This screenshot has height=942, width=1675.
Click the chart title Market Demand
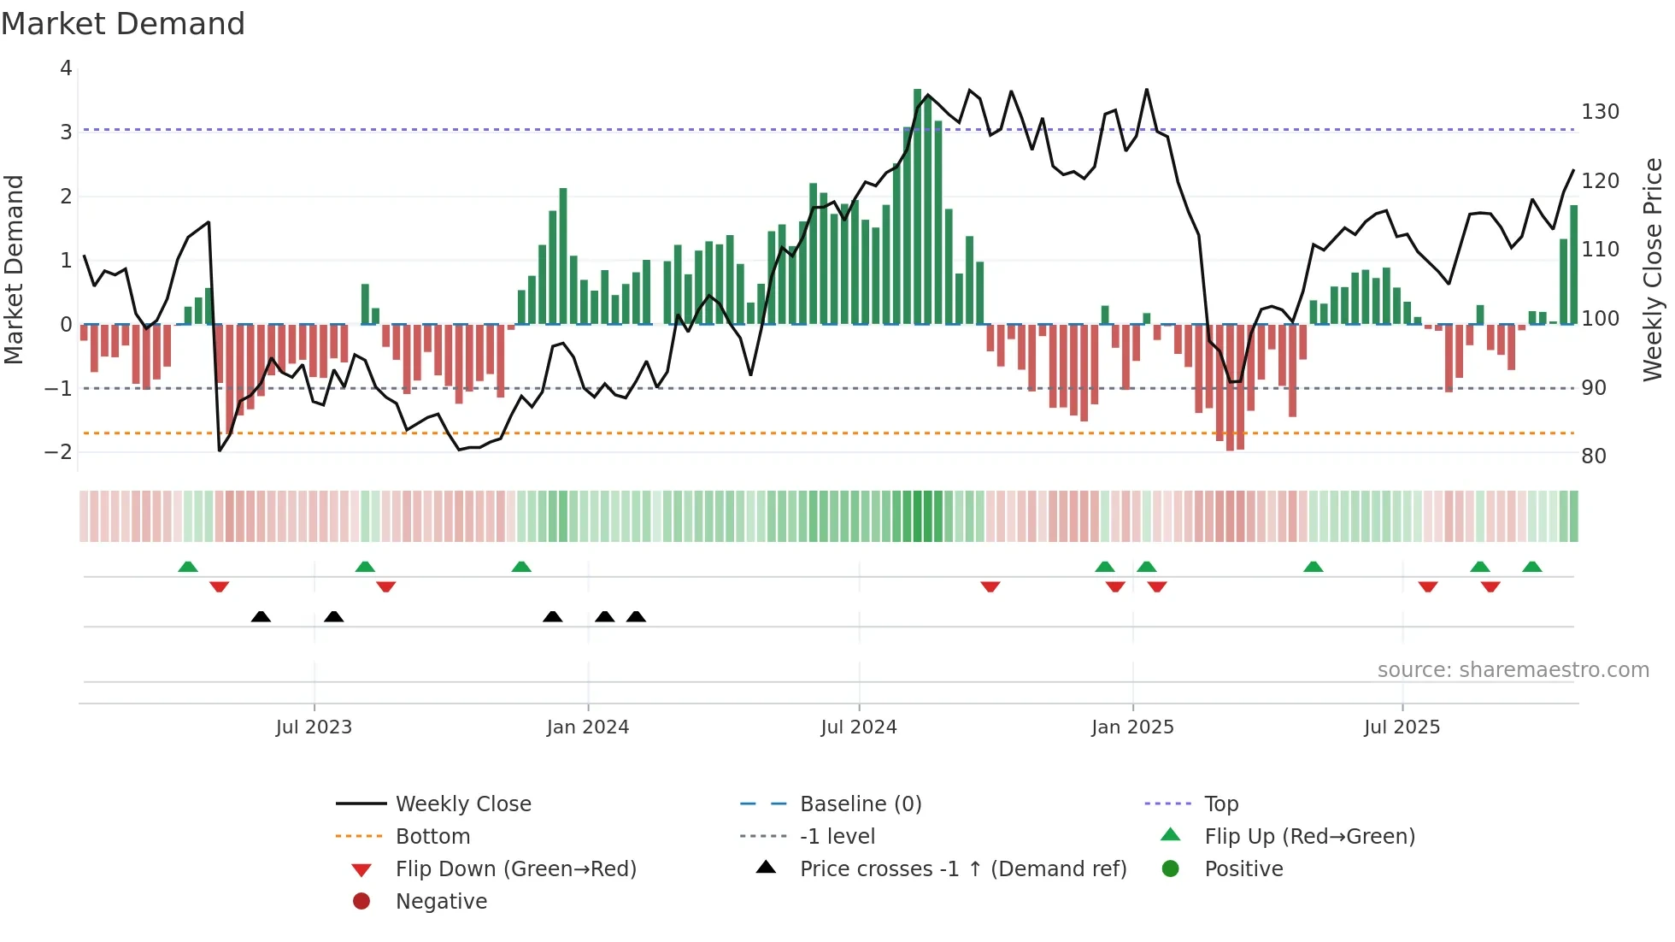tap(123, 24)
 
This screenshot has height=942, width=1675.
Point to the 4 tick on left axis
tap(66, 68)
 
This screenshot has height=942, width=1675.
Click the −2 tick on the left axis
tap(59, 452)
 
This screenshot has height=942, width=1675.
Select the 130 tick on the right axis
tap(1600, 112)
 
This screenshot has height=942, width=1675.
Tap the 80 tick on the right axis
tap(1594, 456)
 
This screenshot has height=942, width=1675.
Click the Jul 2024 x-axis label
tap(859, 727)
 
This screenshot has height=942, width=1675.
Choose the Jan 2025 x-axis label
tap(1132, 727)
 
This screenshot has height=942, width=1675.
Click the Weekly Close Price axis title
tap(1653, 269)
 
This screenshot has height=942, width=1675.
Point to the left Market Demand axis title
tap(14, 269)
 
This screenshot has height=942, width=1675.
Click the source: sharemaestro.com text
tap(1513, 670)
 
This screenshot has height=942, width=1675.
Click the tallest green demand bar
tap(917, 205)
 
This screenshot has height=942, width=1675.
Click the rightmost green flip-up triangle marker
tap(1532, 567)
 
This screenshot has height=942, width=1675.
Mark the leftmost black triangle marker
tap(261, 616)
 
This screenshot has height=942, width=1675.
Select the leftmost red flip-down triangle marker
tap(219, 586)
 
